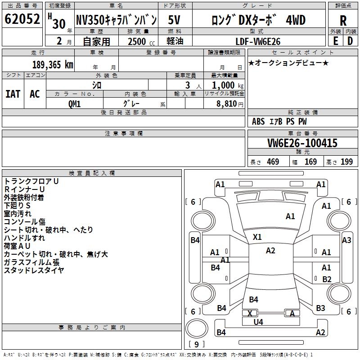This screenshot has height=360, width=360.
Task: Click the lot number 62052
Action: click(22, 19)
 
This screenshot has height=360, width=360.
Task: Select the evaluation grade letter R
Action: click(343, 21)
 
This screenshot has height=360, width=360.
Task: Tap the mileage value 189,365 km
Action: click(53, 65)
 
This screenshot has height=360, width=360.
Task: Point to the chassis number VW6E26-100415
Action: click(302, 143)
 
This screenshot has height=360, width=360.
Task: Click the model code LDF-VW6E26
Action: click(258, 41)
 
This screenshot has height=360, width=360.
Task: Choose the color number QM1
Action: click(74, 104)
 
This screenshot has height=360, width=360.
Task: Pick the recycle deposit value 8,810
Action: click(227, 104)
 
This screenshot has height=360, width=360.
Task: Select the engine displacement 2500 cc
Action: click(141, 41)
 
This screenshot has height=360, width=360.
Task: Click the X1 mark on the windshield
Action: click(257, 237)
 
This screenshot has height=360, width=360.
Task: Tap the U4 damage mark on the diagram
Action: click(258, 322)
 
